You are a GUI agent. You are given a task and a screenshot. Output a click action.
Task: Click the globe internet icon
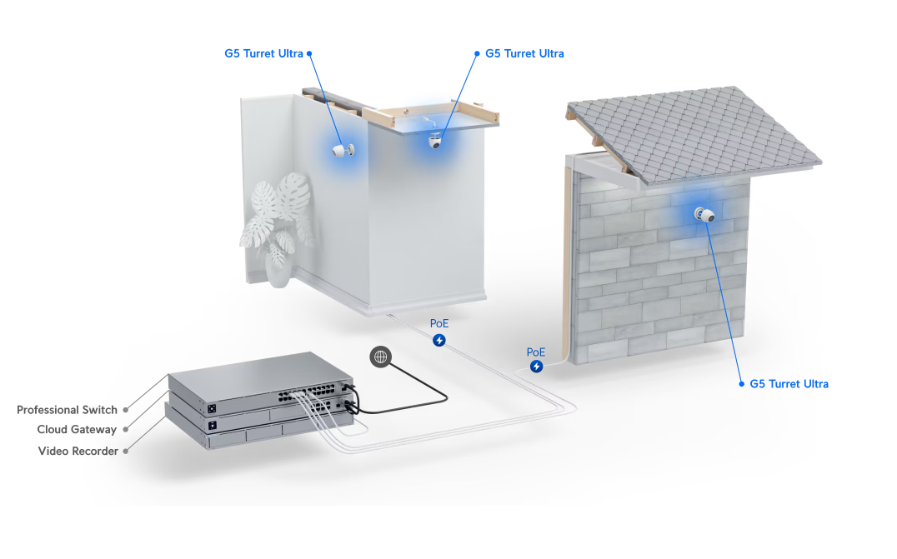click(x=380, y=357)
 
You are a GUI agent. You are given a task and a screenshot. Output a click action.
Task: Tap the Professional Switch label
click(x=67, y=410)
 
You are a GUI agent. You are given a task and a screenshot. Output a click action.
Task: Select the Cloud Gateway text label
click(x=77, y=429)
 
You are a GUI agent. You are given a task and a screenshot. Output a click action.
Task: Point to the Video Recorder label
click(x=78, y=451)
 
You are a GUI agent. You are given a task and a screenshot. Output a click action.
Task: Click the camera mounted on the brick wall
click(x=704, y=215)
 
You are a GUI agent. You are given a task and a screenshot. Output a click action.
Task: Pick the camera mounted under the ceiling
click(x=436, y=141)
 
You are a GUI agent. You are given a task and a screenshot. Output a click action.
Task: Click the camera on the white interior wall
click(x=343, y=150)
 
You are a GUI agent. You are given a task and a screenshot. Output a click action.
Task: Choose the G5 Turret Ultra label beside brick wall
click(x=789, y=384)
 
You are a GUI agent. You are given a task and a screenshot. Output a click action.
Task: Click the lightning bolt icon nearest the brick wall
click(x=536, y=367)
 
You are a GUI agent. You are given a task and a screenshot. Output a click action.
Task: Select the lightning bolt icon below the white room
click(x=438, y=341)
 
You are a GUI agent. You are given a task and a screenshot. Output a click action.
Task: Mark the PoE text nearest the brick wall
click(x=536, y=352)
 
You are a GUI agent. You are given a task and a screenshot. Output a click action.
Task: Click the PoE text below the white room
click(x=439, y=323)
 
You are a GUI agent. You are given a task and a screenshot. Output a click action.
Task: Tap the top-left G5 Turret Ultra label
click(x=263, y=53)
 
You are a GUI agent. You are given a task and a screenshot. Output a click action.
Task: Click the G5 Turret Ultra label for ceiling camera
click(x=524, y=53)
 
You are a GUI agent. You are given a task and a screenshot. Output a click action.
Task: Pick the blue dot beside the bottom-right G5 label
click(x=741, y=384)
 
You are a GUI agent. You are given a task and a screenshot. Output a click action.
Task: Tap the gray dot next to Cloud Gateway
click(x=125, y=429)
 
